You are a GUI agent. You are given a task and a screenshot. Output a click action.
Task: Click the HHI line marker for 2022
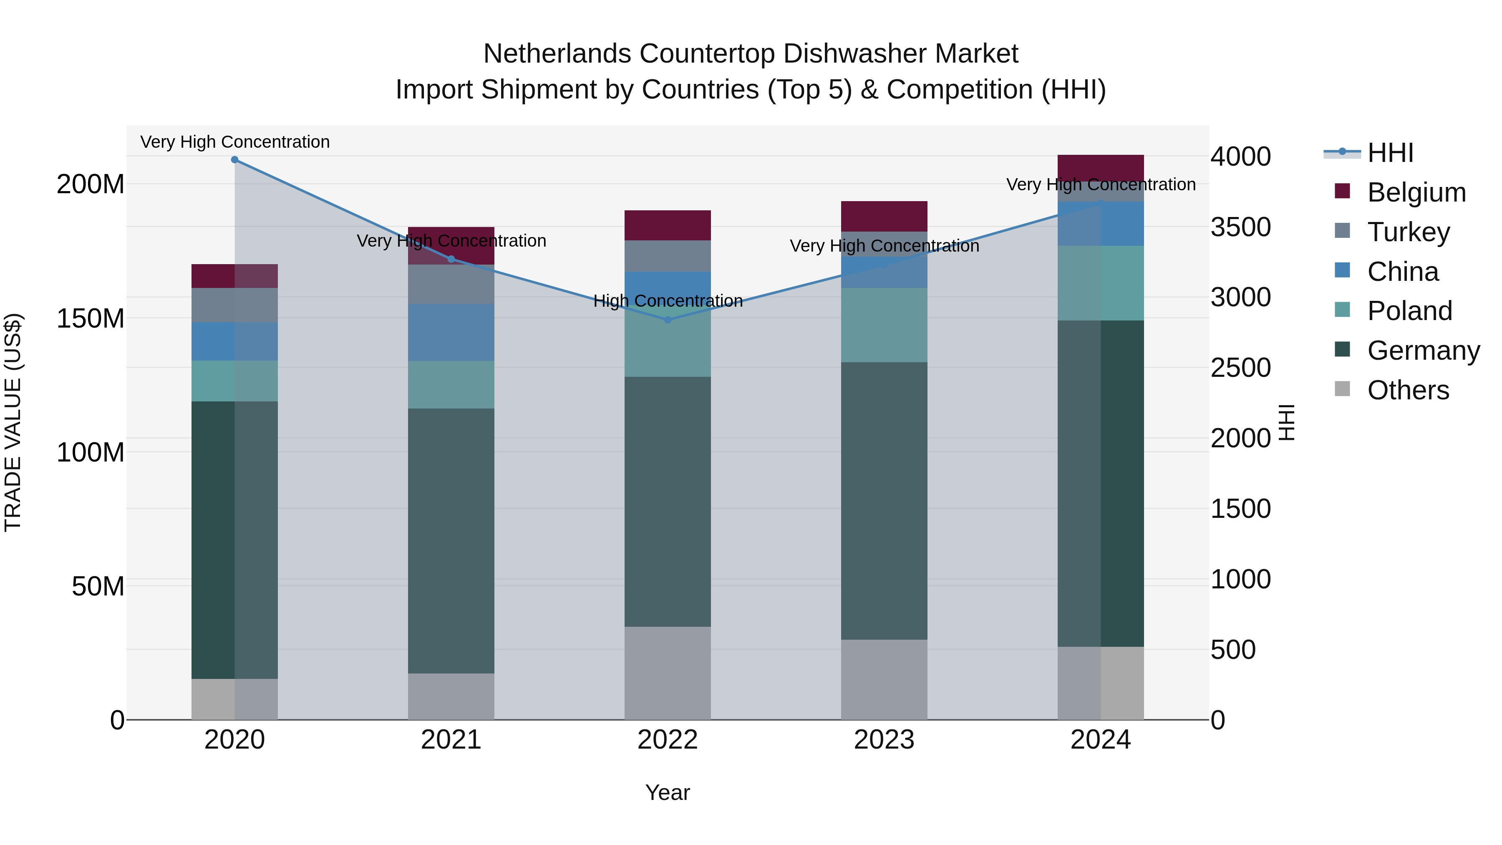[x=668, y=320]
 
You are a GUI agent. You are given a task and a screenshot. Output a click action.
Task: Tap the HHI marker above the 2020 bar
[x=234, y=159]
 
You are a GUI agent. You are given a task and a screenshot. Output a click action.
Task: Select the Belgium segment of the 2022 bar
[x=668, y=225]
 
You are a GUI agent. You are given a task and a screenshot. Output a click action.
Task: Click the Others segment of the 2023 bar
[x=884, y=679]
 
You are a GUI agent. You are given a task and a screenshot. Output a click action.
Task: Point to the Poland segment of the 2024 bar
[x=1100, y=283]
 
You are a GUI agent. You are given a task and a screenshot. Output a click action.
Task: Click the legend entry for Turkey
[x=1408, y=232]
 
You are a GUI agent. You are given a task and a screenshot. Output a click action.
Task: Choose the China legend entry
[x=1402, y=271]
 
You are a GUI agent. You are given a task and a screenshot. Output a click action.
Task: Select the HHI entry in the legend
[x=1390, y=153]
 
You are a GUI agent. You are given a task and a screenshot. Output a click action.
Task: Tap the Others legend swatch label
[x=1408, y=390]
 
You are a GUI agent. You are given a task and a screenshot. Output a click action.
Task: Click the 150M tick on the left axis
[x=91, y=318]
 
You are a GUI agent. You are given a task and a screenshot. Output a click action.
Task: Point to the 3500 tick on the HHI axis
[x=1240, y=227]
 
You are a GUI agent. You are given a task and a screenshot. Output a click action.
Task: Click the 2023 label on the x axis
[x=884, y=740]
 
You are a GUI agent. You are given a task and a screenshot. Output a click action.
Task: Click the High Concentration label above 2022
[x=668, y=301]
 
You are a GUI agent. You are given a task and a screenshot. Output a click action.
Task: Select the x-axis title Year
[x=668, y=792]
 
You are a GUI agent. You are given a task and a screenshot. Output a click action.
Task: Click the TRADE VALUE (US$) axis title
[x=13, y=422]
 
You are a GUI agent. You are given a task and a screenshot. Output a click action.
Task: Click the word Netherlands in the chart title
[x=557, y=54]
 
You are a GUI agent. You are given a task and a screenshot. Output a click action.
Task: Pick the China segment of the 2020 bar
[x=234, y=341]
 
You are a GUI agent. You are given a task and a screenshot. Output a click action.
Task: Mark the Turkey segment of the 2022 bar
[x=668, y=256]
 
